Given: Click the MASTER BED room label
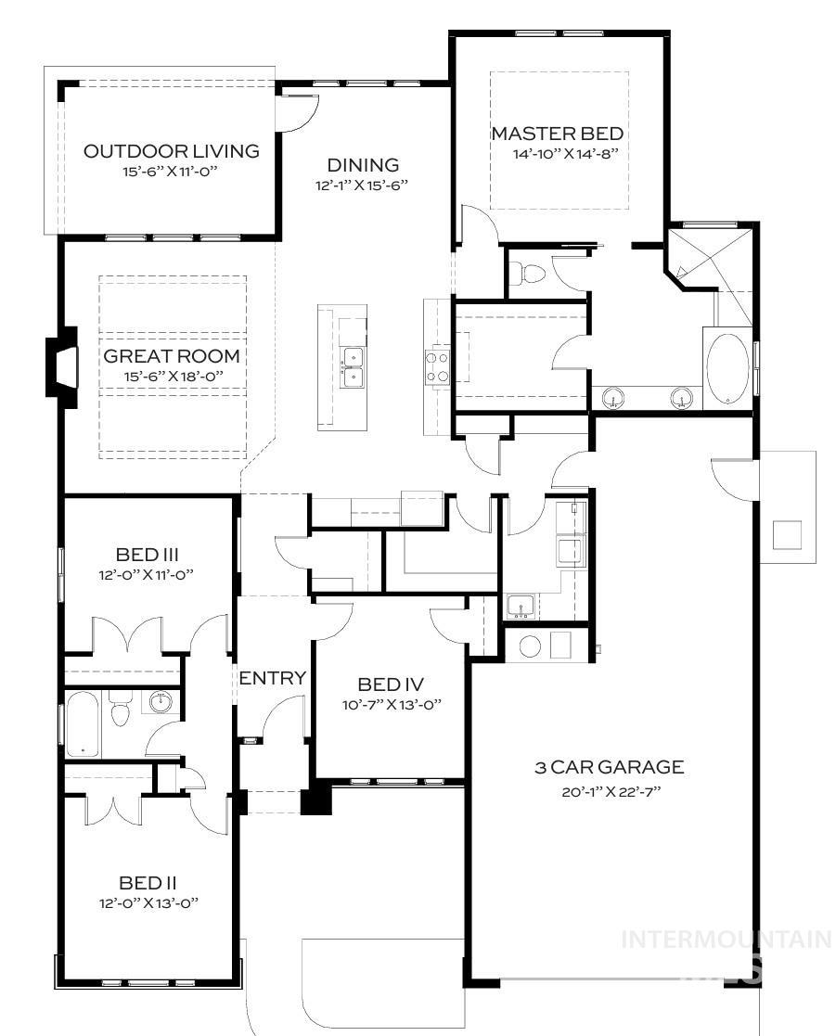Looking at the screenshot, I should click(x=558, y=134).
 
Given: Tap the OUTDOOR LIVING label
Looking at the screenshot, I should click(x=171, y=151).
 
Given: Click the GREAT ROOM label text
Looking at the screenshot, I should click(x=171, y=356).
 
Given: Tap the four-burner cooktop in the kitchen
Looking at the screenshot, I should click(x=437, y=365).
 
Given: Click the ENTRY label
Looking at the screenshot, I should click(x=272, y=678).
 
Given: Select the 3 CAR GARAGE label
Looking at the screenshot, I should click(x=609, y=767).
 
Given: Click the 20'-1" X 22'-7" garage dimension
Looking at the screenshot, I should click(x=609, y=790).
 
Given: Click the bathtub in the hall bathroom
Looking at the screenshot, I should click(x=82, y=723).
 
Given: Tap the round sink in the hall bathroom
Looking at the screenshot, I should click(x=161, y=701).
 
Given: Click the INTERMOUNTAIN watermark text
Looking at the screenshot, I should click(x=727, y=939).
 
